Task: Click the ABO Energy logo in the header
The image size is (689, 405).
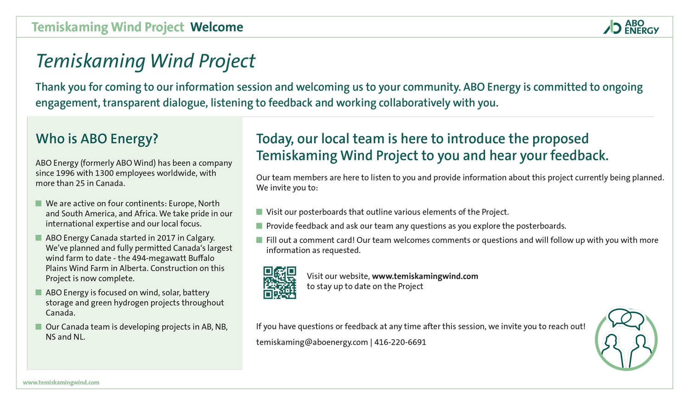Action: [631, 27]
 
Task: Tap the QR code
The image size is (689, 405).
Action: [280, 282]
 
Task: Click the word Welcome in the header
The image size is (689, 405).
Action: [217, 27]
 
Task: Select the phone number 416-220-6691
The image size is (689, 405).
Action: [400, 342]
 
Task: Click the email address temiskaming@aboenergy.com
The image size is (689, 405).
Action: [312, 342]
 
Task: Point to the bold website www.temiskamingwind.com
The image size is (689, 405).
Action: [425, 276]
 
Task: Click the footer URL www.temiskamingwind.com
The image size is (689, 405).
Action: [61, 382]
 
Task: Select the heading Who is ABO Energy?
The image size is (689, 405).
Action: [97, 139]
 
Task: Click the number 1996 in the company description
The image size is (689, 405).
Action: [65, 173]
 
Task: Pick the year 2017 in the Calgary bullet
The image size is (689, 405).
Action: [166, 238]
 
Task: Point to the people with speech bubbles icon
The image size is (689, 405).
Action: [626, 339]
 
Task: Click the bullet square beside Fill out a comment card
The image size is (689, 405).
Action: [259, 240]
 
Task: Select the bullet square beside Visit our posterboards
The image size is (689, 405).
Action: [259, 212]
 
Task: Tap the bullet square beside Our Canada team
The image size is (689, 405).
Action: [39, 327]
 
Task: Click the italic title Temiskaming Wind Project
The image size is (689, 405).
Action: [145, 61]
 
